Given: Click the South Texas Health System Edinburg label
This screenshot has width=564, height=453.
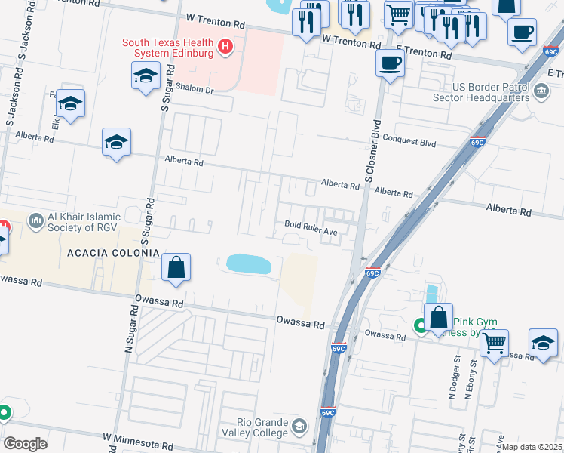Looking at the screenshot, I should click(168, 48).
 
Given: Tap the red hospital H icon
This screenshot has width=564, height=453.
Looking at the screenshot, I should click(224, 48).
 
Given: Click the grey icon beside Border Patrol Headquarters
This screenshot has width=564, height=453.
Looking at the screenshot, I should click(541, 92).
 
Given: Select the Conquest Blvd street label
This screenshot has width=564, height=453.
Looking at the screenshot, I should click(409, 138).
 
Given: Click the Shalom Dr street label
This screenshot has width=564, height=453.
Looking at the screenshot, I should click(195, 88).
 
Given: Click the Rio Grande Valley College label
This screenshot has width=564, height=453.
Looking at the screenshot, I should click(262, 427).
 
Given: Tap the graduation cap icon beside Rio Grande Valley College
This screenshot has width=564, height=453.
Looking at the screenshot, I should click(299, 427).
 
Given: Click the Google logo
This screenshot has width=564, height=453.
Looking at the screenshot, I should click(25, 444).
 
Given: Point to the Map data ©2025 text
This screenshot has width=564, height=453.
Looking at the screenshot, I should click(532, 447).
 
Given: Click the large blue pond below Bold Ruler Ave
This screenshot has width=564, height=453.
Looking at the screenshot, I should click(249, 263).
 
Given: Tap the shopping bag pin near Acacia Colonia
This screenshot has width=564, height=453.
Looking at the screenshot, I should click(176, 268).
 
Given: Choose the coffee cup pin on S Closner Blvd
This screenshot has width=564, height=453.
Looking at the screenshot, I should click(390, 63).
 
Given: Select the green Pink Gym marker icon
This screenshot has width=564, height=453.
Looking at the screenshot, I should click(421, 326).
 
